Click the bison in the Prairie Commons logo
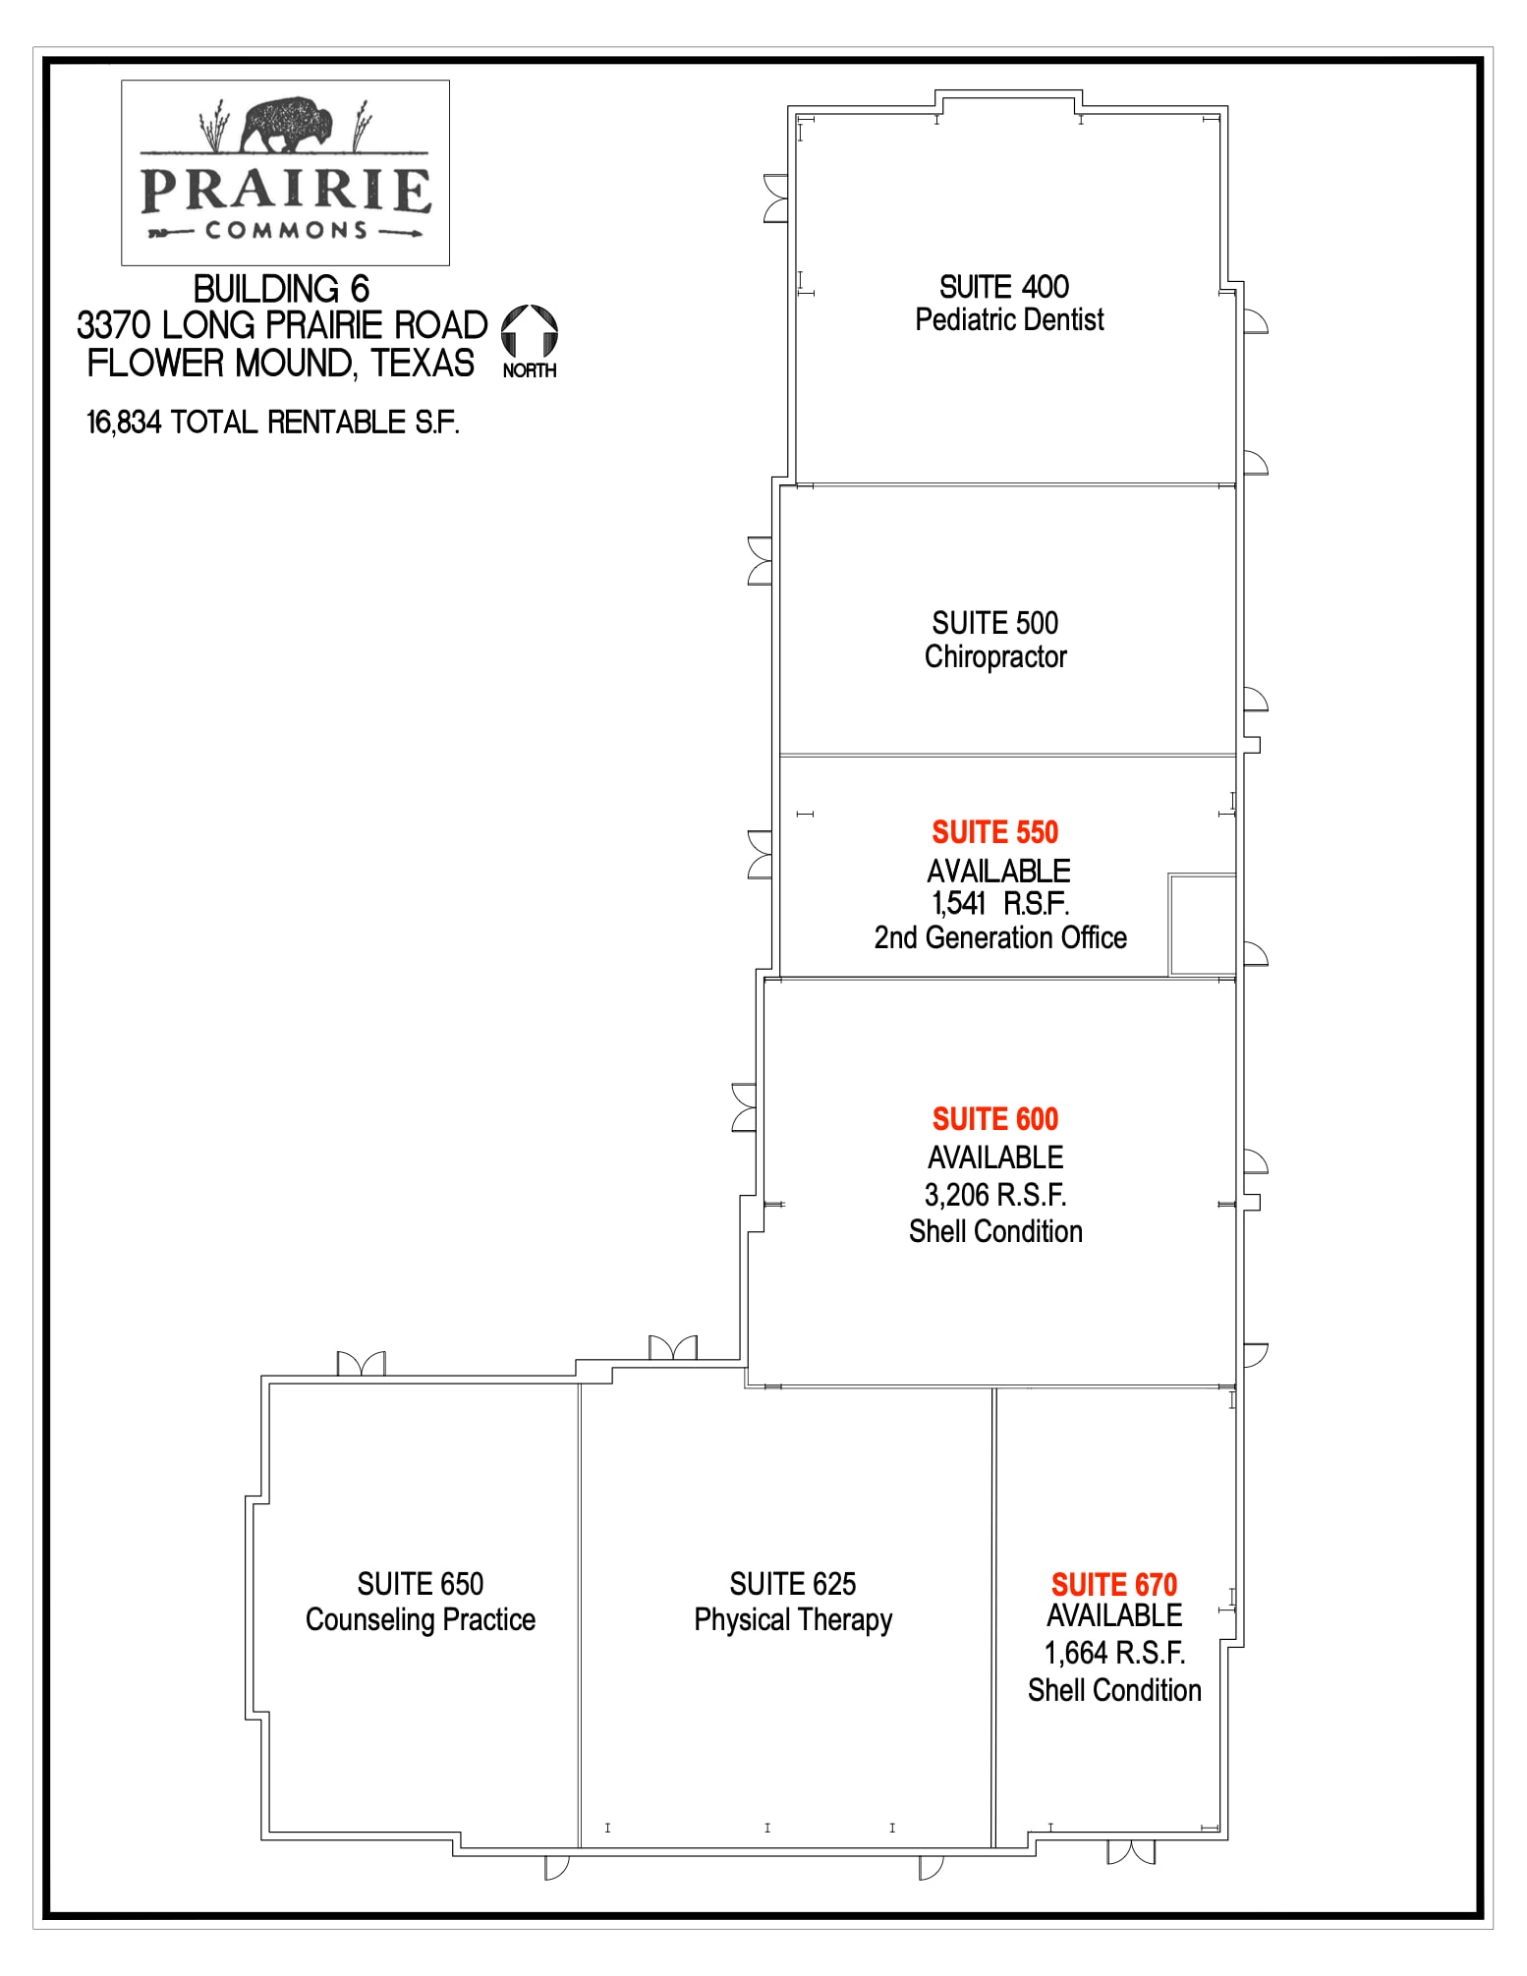pos(287,125)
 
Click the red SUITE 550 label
pos(994,832)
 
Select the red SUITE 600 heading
pos(994,1119)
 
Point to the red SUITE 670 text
pos(1113,1584)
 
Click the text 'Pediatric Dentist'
pos(1009,320)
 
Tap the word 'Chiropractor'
pos(994,656)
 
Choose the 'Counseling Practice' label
pos(421,1619)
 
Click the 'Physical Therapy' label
pos(793,1619)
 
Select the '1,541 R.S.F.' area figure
pos(999,903)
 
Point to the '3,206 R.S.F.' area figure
pos(994,1195)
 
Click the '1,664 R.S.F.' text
pos(1113,1653)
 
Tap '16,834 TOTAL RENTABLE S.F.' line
pos(273,423)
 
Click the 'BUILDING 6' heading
pos(281,289)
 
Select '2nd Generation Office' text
pos(999,937)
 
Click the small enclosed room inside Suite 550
pos(1202,925)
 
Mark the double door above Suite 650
pos(361,1364)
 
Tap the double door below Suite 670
pos(1131,1852)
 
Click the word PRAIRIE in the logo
pos(286,191)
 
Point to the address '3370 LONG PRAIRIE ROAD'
pos(282,325)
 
